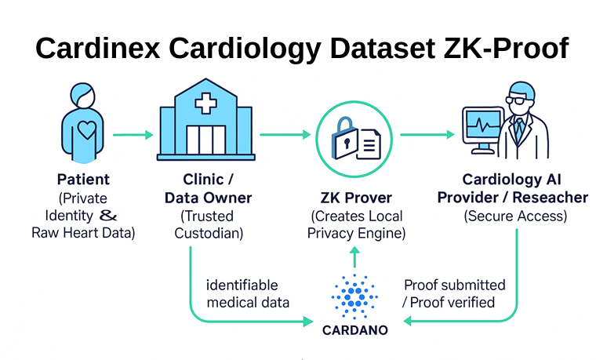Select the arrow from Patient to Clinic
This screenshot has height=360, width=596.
tap(133, 135)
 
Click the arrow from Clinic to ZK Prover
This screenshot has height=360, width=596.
tap(285, 135)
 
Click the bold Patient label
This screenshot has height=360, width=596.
tap(83, 180)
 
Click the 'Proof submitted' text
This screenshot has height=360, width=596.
tap(455, 285)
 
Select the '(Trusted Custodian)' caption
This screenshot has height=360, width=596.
tap(208, 224)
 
